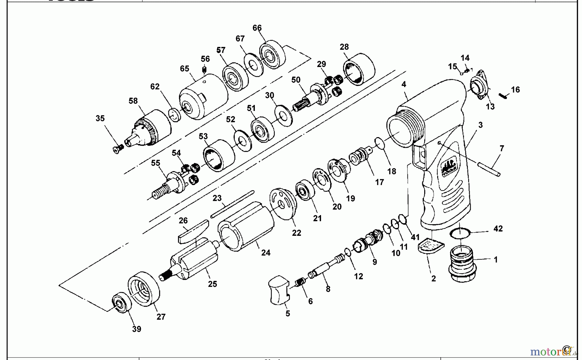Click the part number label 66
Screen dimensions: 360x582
257,28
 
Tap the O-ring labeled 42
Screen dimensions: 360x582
460,233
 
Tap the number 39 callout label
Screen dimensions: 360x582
136,329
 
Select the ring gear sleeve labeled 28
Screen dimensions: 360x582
359,72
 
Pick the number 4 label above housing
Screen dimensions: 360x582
404,84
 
